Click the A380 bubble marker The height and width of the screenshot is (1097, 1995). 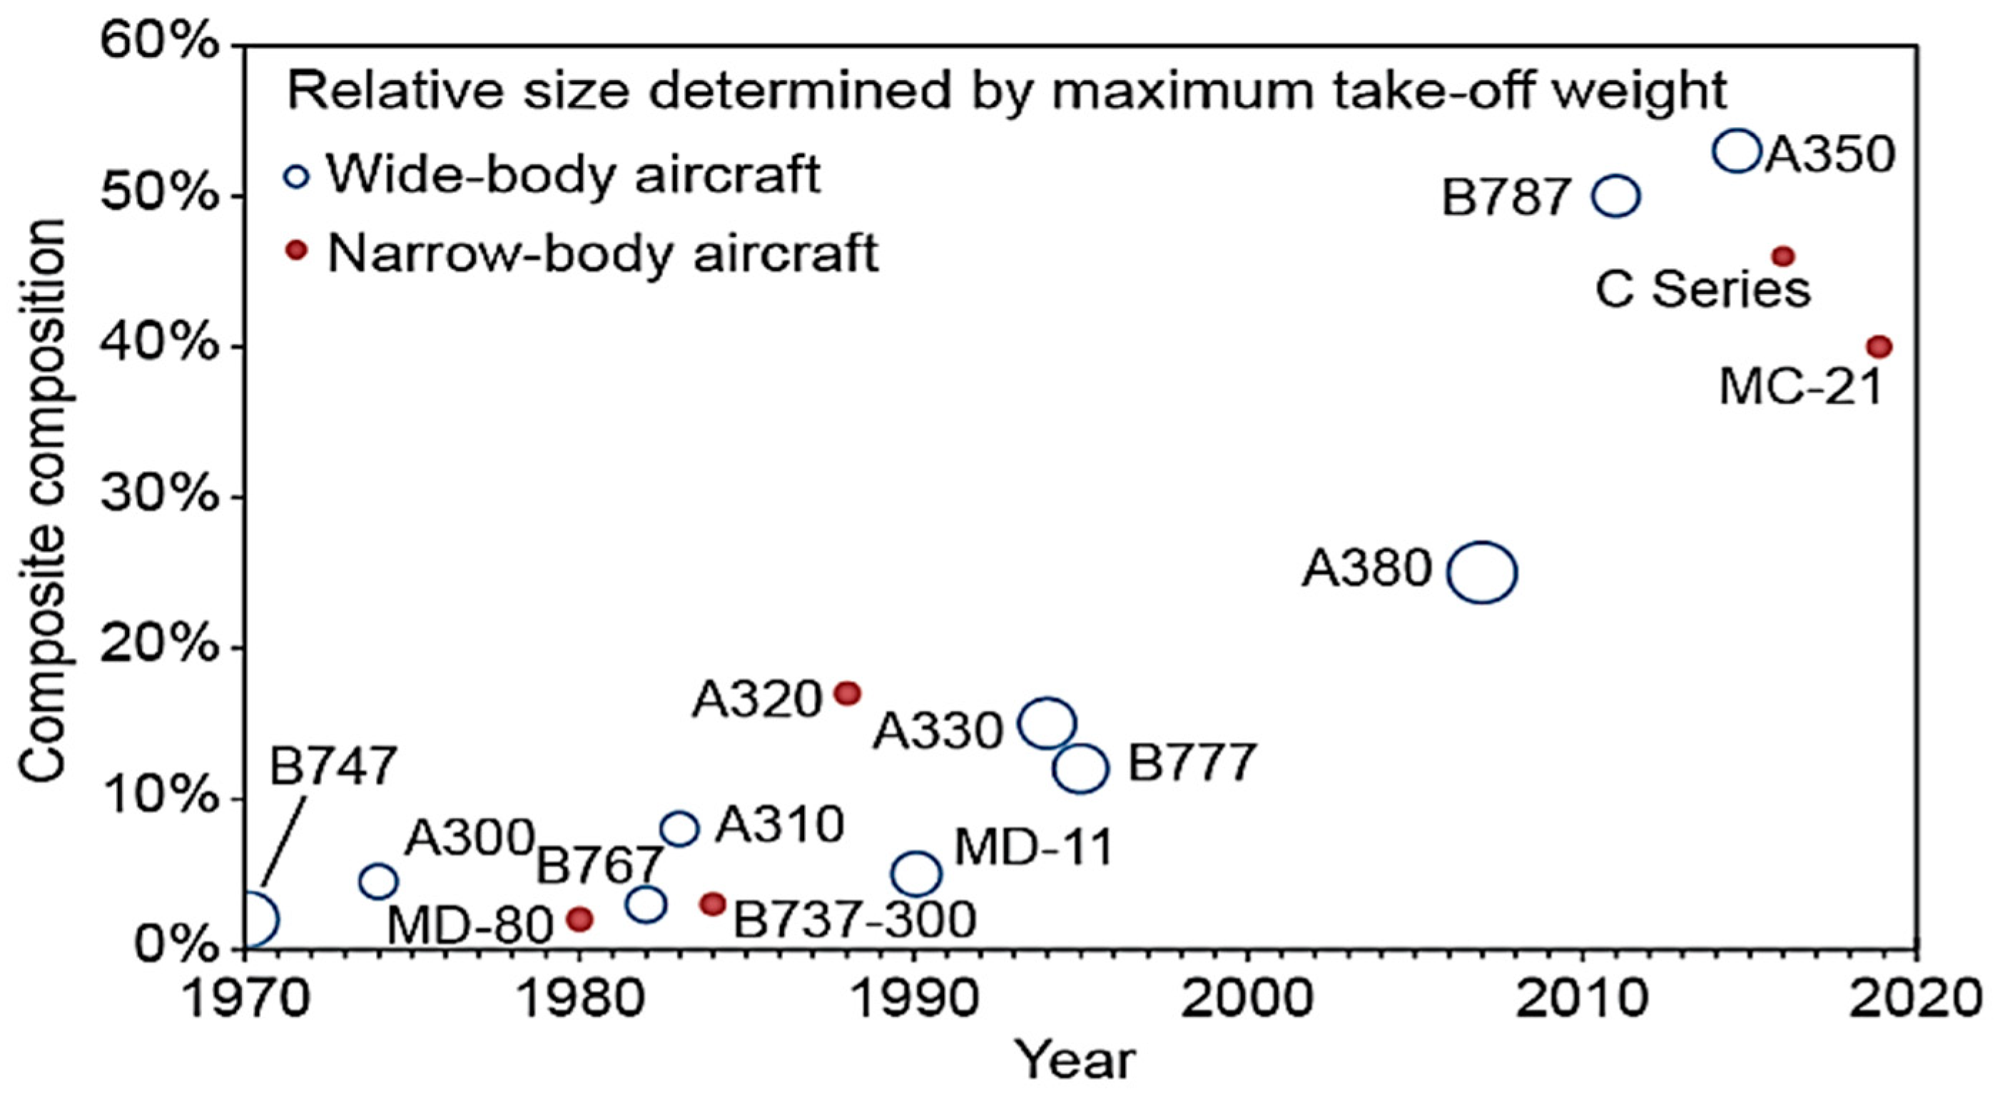(x=1481, y=572)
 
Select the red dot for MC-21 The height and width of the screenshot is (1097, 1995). (x=1879, y=347)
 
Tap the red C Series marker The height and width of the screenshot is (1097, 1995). (x=1783, y=256)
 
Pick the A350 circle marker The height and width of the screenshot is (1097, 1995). (x=1738, y=151)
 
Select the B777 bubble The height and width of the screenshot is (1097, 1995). (x=1081, y=769)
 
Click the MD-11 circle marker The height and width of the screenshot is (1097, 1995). (x=916, y=874)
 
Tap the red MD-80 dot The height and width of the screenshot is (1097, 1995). (x=580, y=919)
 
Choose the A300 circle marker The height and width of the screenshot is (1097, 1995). (x=378, y=881)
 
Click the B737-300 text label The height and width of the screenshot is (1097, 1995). (x=855, y=919)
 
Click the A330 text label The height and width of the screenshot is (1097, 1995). (x=939, y=732)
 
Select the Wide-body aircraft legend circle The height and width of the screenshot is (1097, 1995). (x=297, y=176)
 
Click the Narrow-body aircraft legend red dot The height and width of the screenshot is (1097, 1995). (x=297, y=251)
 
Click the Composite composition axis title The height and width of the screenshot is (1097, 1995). (x=43, y=500)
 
